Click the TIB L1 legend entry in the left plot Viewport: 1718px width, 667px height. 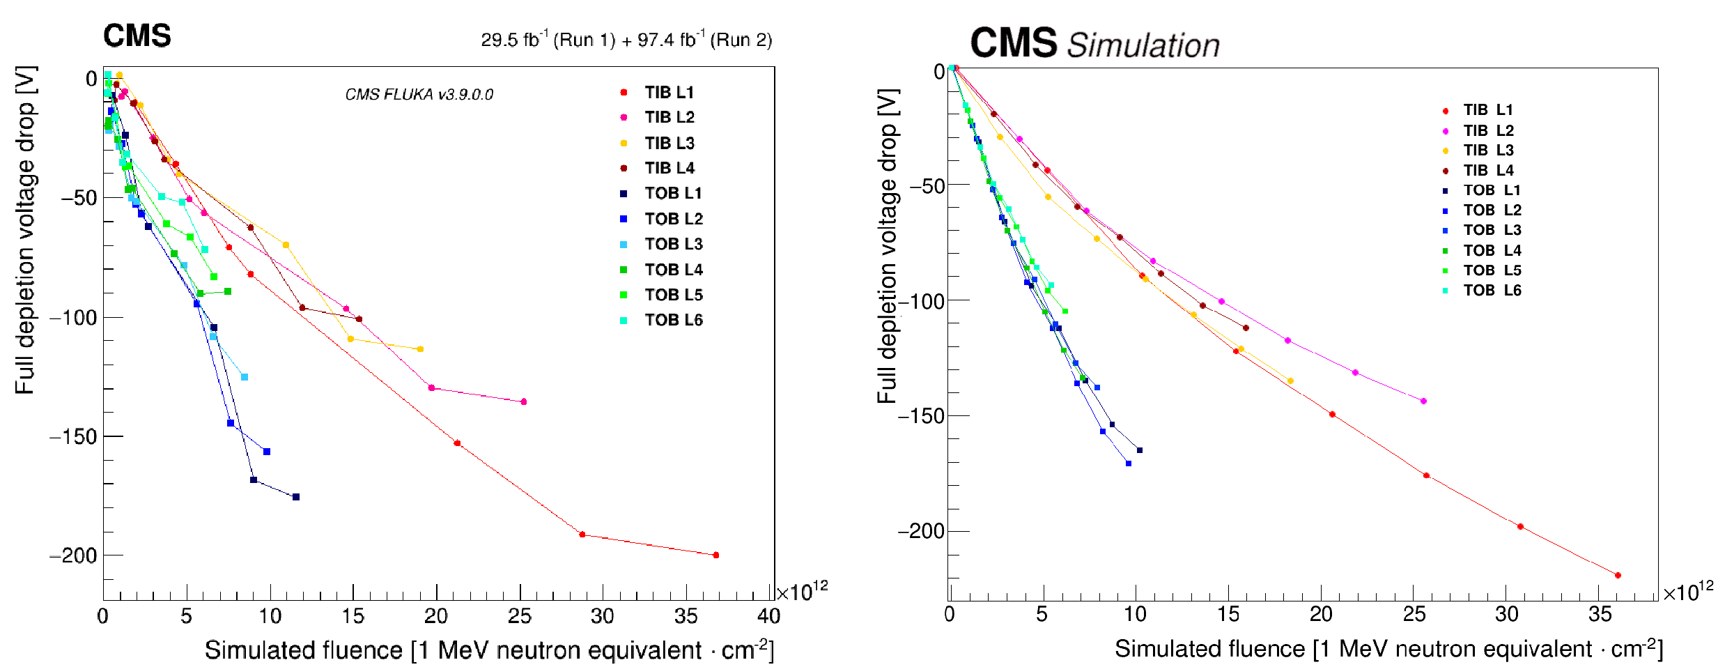[668, 93]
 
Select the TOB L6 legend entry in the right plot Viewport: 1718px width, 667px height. [1492, 291]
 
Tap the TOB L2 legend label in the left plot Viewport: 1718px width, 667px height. [673, 219]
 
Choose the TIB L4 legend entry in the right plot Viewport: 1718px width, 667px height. [1487, 171]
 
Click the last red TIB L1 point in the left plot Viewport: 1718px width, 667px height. [716, 555]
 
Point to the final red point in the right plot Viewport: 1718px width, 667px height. [1618, 576]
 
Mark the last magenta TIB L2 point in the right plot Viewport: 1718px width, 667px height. [1423, 401]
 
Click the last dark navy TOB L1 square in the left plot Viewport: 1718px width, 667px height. [296, 497]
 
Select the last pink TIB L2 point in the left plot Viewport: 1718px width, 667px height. [524, 402]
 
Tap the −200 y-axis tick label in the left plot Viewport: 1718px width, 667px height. [73, 556]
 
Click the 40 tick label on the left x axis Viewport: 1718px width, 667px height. [769, 616]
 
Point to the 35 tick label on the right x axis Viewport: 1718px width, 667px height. [1600, 615]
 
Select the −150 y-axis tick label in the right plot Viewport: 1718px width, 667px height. [920, 416]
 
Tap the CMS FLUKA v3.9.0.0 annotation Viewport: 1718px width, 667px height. [419, 95]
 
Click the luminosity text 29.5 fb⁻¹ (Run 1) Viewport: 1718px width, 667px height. [548, 40]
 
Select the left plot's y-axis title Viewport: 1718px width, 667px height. [26, 230]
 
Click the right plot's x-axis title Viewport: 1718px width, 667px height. [1388, 649]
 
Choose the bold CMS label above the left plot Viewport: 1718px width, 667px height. [137, 36]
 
